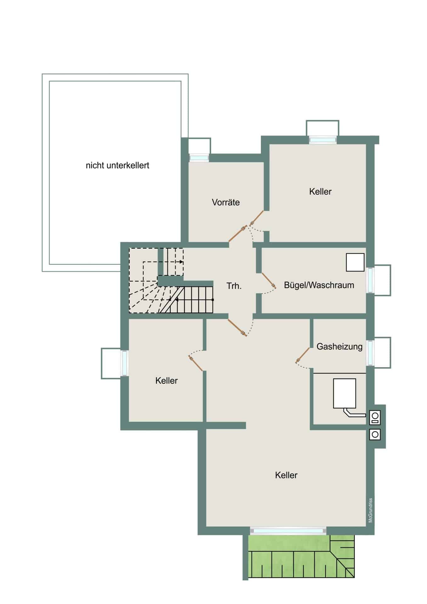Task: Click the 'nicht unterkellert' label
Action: coord(117,165)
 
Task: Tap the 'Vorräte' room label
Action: coord(226,202)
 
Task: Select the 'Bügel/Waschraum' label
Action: coord(319,285)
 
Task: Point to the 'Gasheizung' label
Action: coord(339,347)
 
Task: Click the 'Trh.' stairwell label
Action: coord(234,286)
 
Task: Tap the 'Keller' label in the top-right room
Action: coord(320,192)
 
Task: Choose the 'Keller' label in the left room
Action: coord(166,381)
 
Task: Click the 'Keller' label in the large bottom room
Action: coord(286,475)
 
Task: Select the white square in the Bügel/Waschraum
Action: coord(355,262)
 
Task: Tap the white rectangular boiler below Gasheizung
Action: coord(345,393)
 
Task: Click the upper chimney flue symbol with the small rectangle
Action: coord(375,417)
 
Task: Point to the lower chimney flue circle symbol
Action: coord(375,434)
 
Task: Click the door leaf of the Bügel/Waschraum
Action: coord(269,280)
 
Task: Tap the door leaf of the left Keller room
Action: coord(196,363)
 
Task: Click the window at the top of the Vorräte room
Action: coord(199,158)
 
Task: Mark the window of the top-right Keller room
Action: coord(323,140)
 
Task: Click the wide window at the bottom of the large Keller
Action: coord(288,531)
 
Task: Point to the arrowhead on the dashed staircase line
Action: coord(182,262)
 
